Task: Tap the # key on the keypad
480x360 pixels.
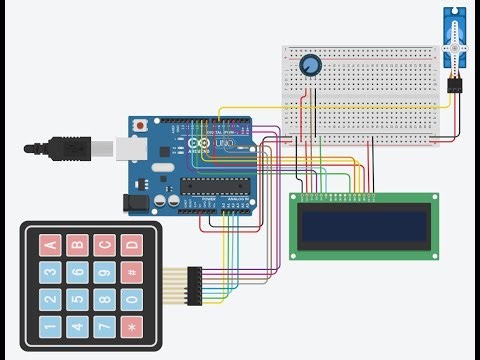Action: pos(129,271)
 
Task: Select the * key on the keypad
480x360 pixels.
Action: pos(129,326)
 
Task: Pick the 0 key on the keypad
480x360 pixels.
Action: pos(129,299)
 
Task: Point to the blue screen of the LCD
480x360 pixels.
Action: pos(364,227)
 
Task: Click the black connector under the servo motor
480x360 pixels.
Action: pos(455,87)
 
